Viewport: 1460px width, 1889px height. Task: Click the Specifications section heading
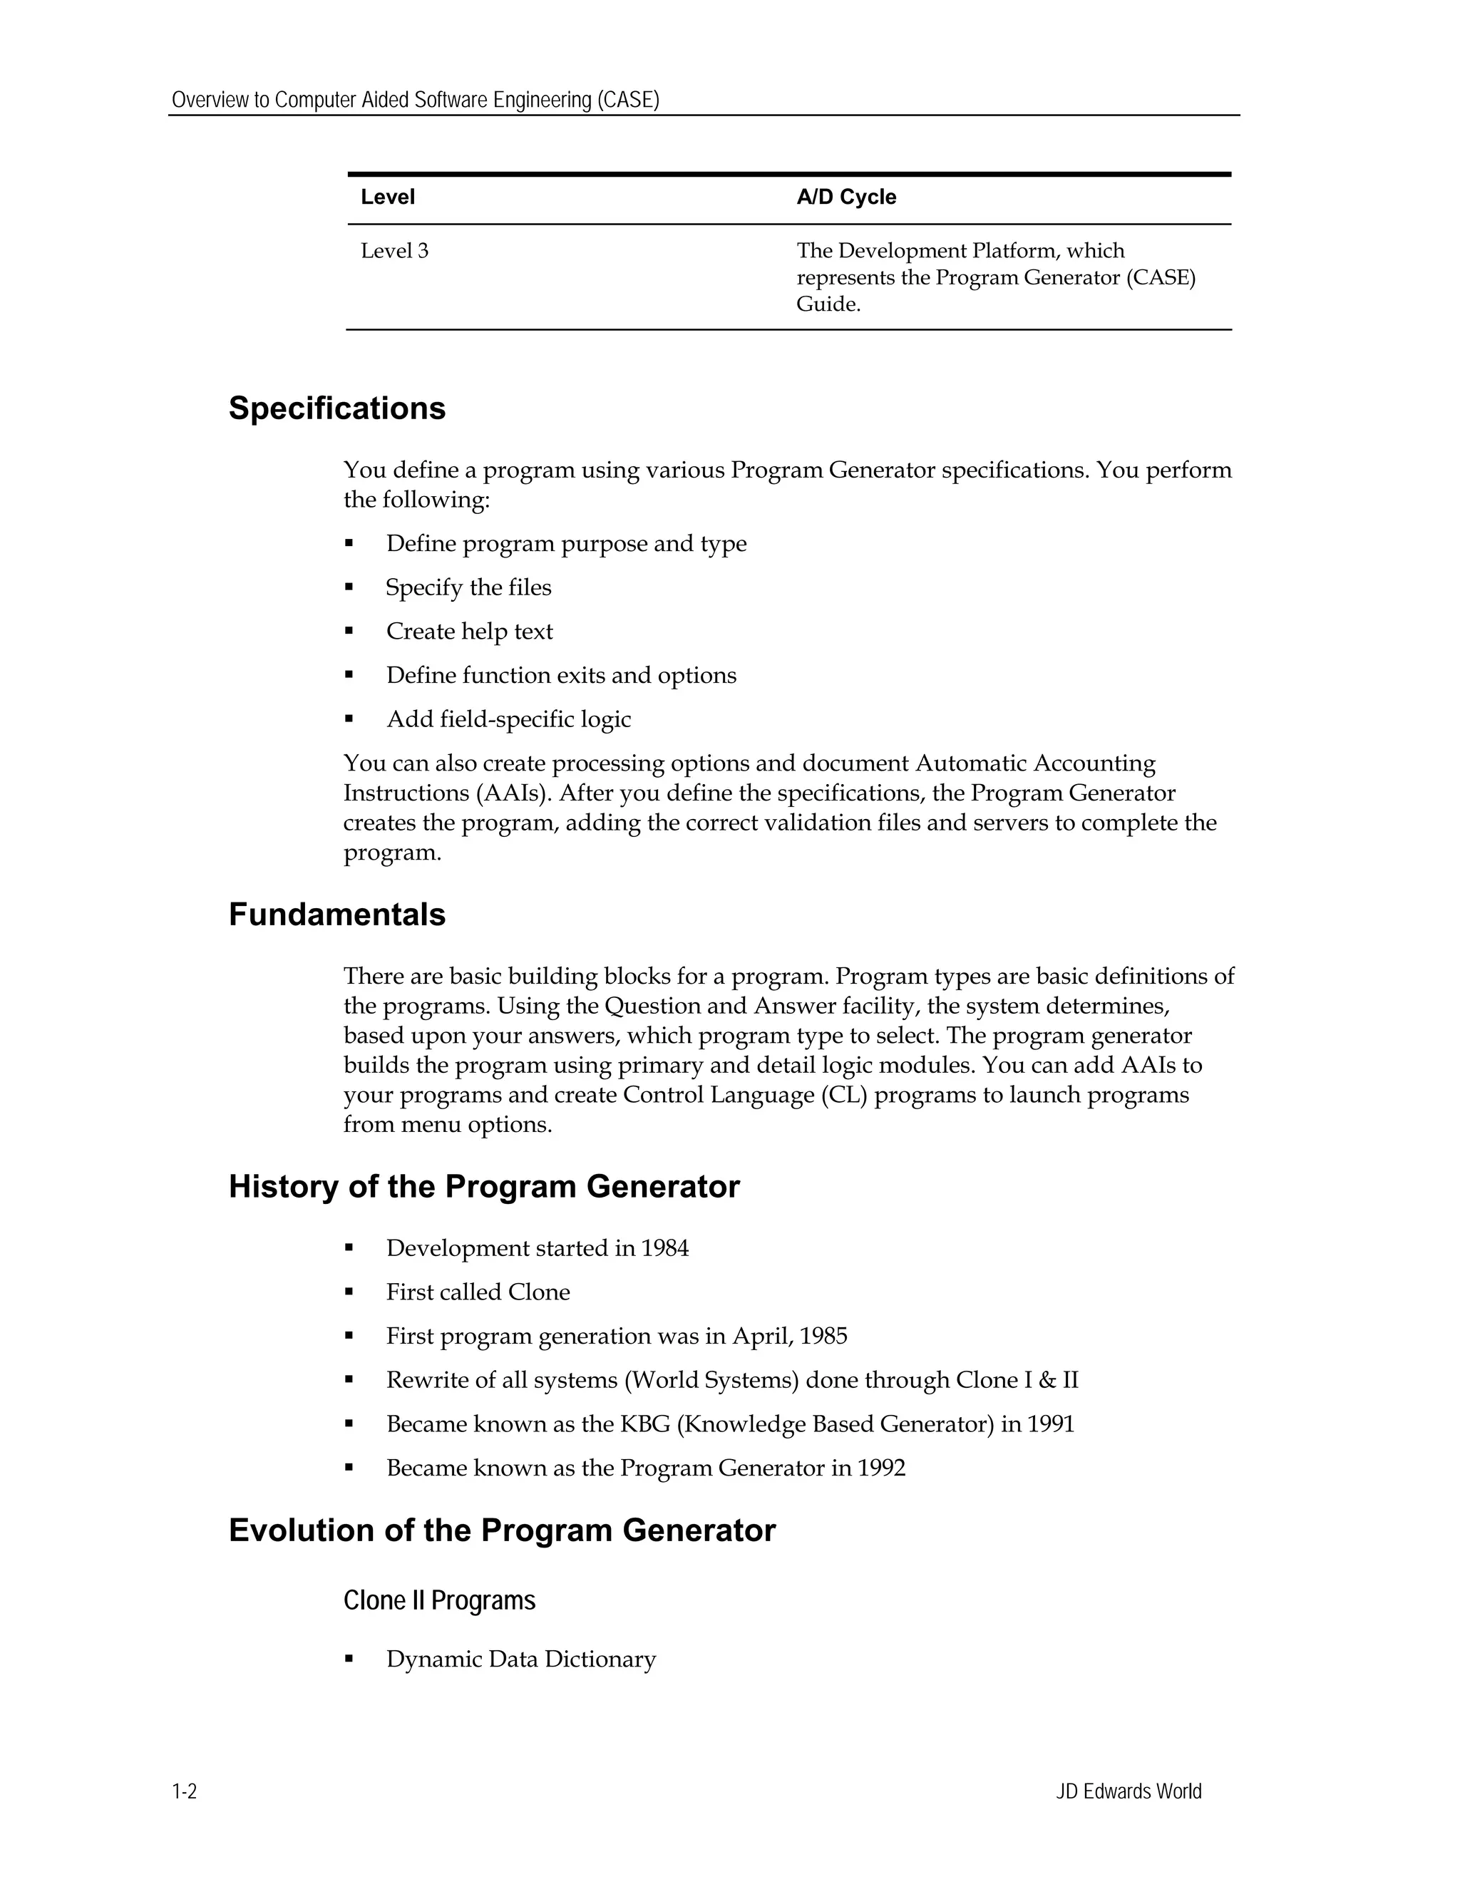coord(336,408)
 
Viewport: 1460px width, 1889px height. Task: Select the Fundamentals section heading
coord(336,915)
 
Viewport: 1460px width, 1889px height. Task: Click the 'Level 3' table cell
coord(394,251)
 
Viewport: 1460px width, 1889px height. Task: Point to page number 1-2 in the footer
coord(184,1791)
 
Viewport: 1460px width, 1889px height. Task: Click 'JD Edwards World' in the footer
coord(1128,1791)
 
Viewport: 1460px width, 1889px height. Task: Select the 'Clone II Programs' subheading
coord(438,1600)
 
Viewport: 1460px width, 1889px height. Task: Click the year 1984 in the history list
coord(664,1248)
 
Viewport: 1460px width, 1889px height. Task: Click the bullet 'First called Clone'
coord(478,1292)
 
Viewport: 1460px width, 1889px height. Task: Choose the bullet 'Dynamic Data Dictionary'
coord(520,1659)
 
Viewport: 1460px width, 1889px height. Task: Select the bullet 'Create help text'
coord(469,632)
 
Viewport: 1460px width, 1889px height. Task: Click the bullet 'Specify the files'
coord(468,587)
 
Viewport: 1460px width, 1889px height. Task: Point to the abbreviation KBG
coord(644,1424)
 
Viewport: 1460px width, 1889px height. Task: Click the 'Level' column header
coord(388,197)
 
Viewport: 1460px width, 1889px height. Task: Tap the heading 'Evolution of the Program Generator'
coord(502,1530)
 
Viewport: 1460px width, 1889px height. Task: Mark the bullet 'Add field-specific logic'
coord(508,720)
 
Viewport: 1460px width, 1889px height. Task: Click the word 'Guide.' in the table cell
coord(828,304)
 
